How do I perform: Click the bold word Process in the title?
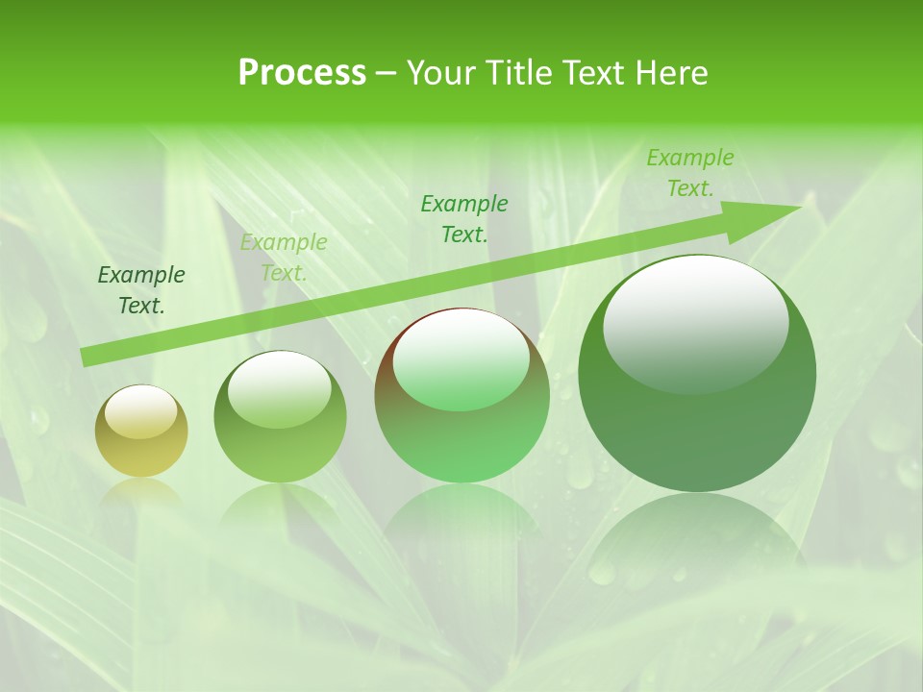pos(302,73)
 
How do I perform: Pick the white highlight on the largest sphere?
pos(695,322)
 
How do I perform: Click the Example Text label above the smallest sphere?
pos(141,290)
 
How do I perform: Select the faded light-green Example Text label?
pos(284,258)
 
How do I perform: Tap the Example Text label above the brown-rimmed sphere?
pos(464,219)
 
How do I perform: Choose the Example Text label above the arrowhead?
pos(689,173)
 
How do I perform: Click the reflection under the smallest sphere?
pos(141,495)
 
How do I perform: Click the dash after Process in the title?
pos(386,73)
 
